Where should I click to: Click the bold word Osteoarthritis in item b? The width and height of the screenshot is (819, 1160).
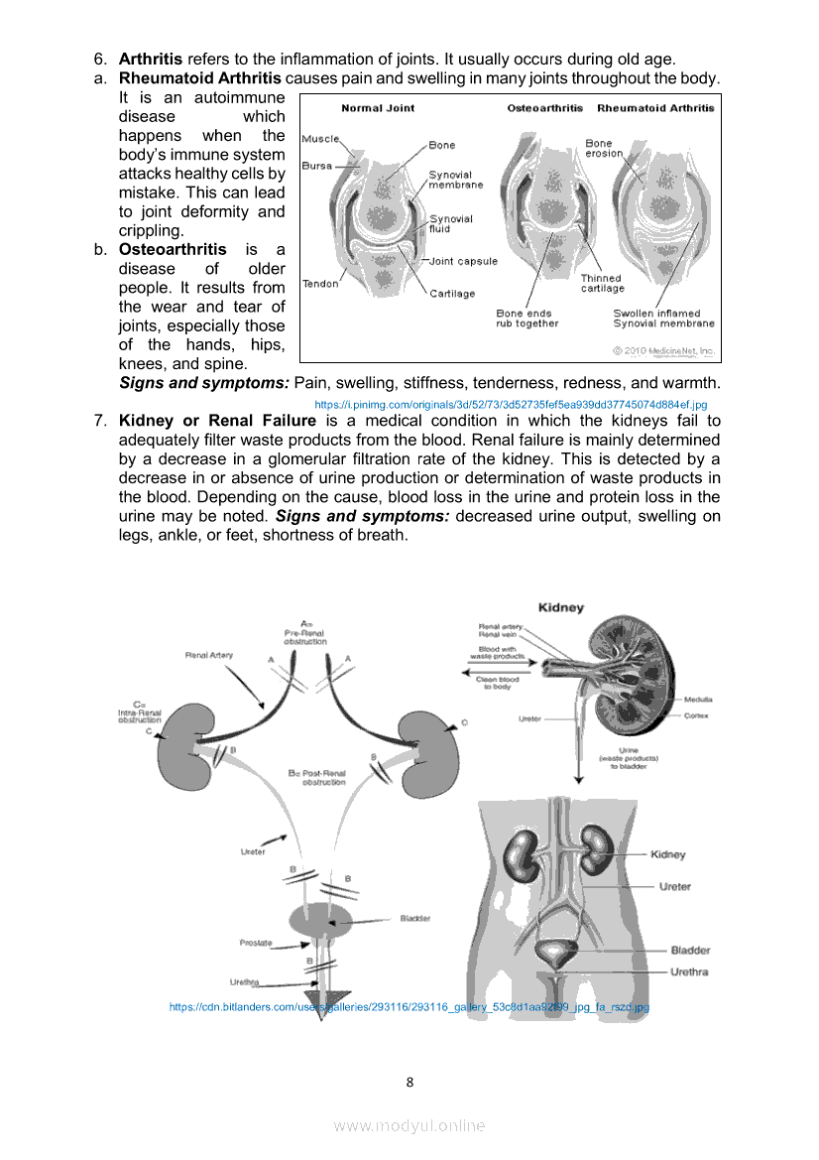click(x=173, y=249)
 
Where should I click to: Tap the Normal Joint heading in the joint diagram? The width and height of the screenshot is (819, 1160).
click(x=378, y=108)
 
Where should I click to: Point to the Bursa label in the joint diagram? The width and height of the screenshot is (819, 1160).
click(x=316, y=166)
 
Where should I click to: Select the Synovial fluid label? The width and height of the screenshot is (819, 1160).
click(x=450, y=223)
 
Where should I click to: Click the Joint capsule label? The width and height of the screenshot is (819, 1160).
click(x=463, y=261)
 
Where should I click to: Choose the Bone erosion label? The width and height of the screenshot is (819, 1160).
click(x=604, y=149)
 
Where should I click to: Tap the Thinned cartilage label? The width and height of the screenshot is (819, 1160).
click(x=602, y=283)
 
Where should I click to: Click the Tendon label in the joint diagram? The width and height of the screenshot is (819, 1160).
click(x=320, y=284)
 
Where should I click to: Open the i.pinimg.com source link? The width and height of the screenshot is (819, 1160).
click(x=510, y=404)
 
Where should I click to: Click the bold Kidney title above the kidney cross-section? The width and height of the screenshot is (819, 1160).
click(x=560, y=607)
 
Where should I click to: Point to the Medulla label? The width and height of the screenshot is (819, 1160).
click(x=698, y=700)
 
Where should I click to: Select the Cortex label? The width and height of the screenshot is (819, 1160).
click(x=696, y=715)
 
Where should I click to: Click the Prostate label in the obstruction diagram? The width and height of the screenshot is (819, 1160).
click(x=256, y=943)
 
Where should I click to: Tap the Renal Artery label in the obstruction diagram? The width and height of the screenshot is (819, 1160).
click(x=208, y=655)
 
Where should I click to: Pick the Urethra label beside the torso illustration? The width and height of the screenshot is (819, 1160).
click(x=689, y=971)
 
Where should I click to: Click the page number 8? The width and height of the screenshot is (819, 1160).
click(x=409, y=1082)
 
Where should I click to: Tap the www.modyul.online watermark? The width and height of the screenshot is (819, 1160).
click(x=409, y=1125)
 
